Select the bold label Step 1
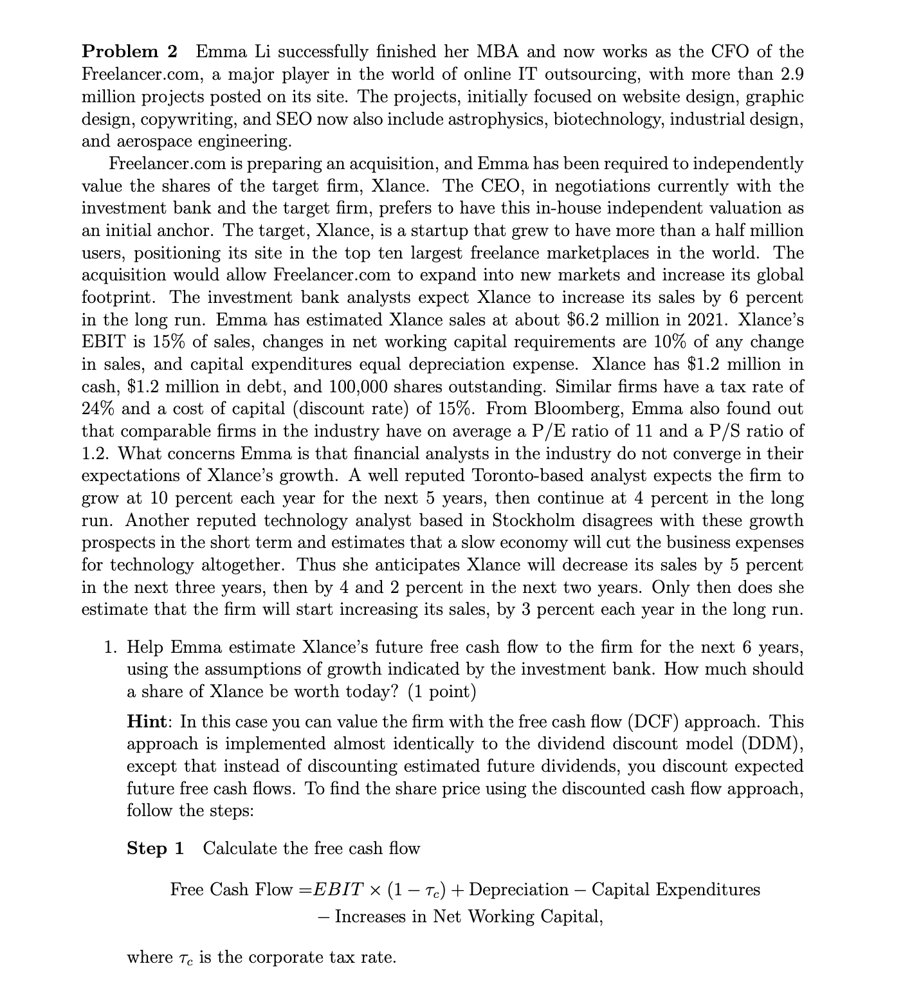(155, 848)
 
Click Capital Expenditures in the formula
(675, 889)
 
